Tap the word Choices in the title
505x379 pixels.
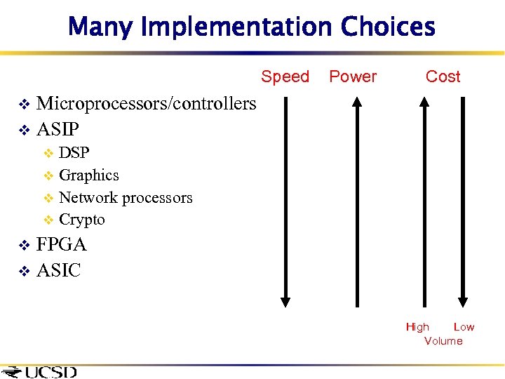[388, 27]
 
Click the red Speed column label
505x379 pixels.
[285, 77]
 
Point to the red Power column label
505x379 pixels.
[353, 77]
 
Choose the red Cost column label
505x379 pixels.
[443, 77]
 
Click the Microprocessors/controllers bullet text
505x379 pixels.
[146, 104]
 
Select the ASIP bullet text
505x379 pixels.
[58, 129]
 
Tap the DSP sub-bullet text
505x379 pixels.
[74, 153]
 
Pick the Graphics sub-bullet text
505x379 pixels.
[89, 175]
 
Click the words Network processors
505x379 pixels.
[126, 198]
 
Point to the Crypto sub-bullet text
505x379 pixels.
[82, 220]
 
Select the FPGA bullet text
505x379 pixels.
[62, 244]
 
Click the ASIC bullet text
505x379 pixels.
[58, 270]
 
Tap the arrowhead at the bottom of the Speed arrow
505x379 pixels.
[285, 300]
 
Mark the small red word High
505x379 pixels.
[417, 327]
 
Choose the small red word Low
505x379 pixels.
[464, 327]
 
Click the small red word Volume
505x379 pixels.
[443, 341]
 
